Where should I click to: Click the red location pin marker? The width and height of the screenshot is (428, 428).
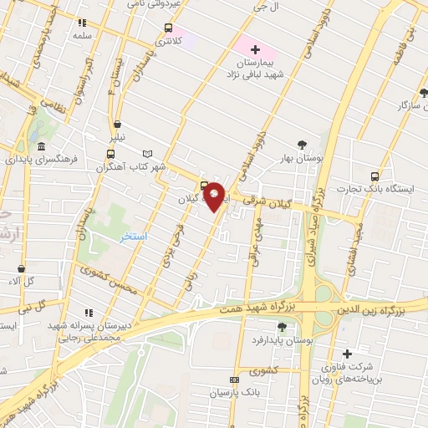(215, 196)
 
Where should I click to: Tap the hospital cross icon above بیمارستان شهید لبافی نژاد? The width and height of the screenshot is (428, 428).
(255, 50)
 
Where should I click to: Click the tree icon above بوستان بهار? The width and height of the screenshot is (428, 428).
(302, 145)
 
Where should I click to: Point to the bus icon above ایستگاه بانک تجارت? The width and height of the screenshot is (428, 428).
(374, 176)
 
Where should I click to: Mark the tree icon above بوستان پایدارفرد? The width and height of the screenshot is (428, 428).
(281, 327)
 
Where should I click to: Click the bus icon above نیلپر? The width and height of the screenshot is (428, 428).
(111, 154)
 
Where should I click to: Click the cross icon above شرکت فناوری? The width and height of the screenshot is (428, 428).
(347, 354)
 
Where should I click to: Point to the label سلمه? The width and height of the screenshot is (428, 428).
(81, 37)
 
